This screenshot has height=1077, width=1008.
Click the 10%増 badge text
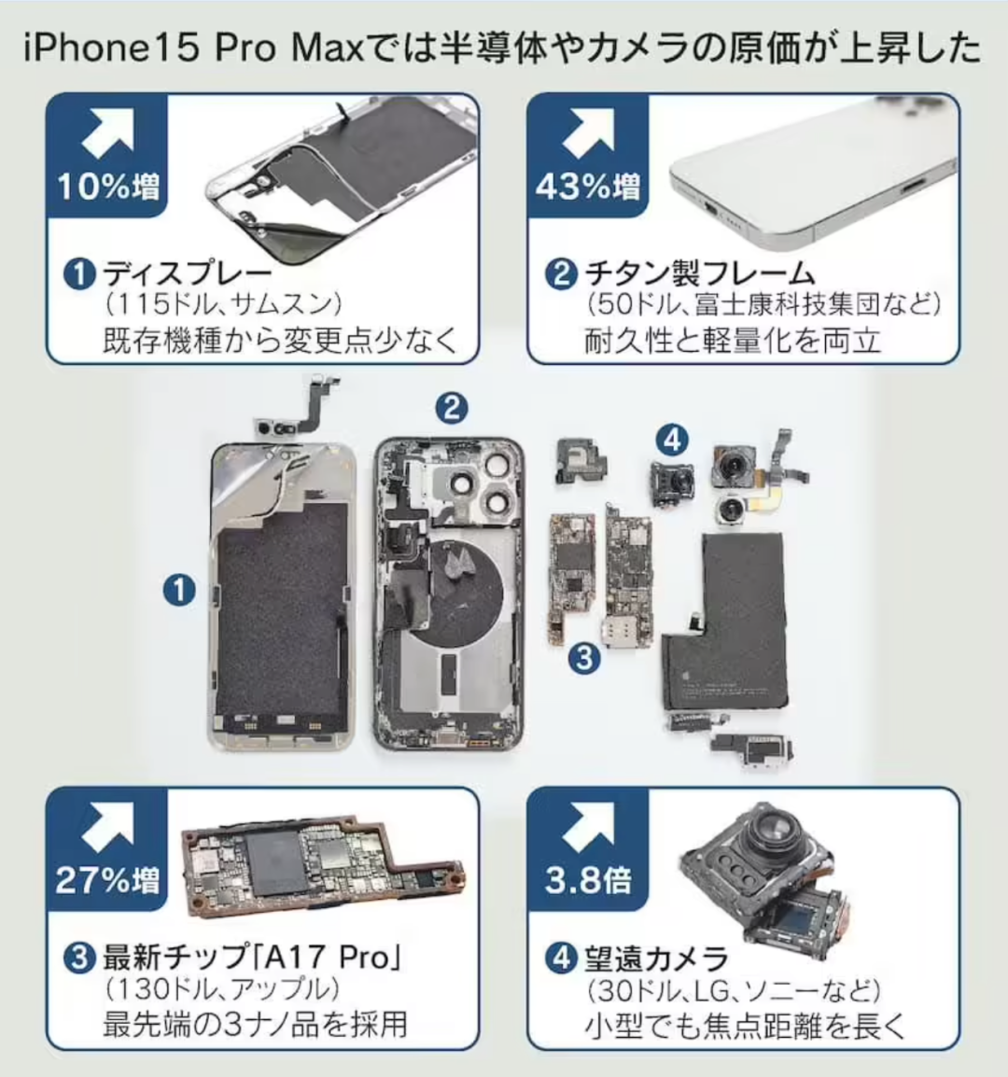pyautogui.click(x=108, y=187)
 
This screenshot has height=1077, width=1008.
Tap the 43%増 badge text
pyautogui.click(x=587, y=187)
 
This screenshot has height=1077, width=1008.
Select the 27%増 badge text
pyautogui.click(x=108, y=880)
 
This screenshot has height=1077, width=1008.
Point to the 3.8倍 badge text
pyautogui.click(x=588, y=880)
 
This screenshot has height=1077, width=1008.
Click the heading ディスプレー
pyautogui.click(x=188, y=274)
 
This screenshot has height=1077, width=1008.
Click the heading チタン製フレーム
pyautogui.click(x=699, y=274)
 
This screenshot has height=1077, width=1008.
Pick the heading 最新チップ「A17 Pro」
pyautogui.click(x=251, y=957)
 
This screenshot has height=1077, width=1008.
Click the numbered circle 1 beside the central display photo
pyautogui.click(x=179, y=590)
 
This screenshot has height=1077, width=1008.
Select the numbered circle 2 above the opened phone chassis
pyautogui.click(x=452, y=408)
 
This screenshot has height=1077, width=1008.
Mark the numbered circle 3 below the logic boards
pyautogui.click(x=584, y=658)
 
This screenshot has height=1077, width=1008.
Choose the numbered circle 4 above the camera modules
pyautogui.click(x=672, y=440)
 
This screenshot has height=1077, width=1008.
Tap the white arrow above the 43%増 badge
pyautogui.click(x=588, y=133)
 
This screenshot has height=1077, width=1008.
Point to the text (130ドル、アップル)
pyautogui.click(x=223, y=990)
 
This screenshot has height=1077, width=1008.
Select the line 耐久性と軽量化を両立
pyautogui.click(x=733, y=340)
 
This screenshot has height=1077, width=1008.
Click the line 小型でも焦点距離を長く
pyautogui.click(x=745, y=1026)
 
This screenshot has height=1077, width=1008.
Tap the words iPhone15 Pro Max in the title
pyautogui.click(x=193, y=49)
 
